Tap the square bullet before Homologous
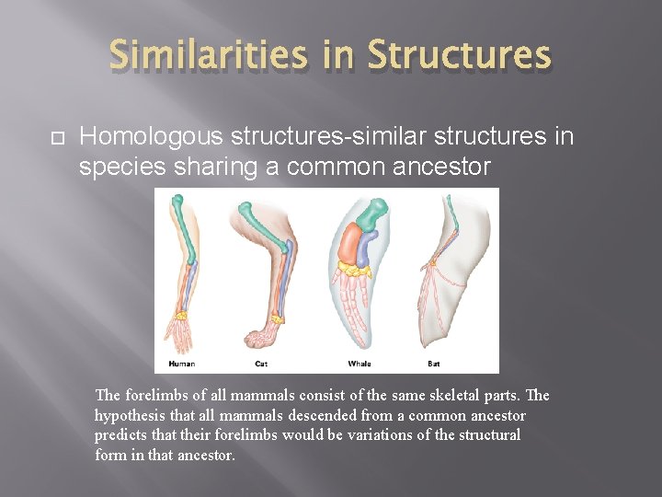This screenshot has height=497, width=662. pos(55,138)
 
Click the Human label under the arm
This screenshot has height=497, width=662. pos(181,364)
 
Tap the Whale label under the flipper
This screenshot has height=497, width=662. pos(360,364)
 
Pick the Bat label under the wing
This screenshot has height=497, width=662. pos(433,364)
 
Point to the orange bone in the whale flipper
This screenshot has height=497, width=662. pos(350,245)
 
